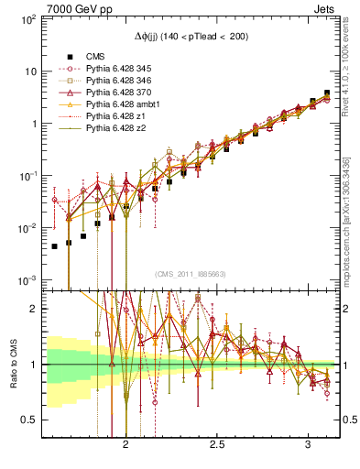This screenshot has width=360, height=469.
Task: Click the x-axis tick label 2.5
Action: point(217,445)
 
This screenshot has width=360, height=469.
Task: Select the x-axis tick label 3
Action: point(307,445)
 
